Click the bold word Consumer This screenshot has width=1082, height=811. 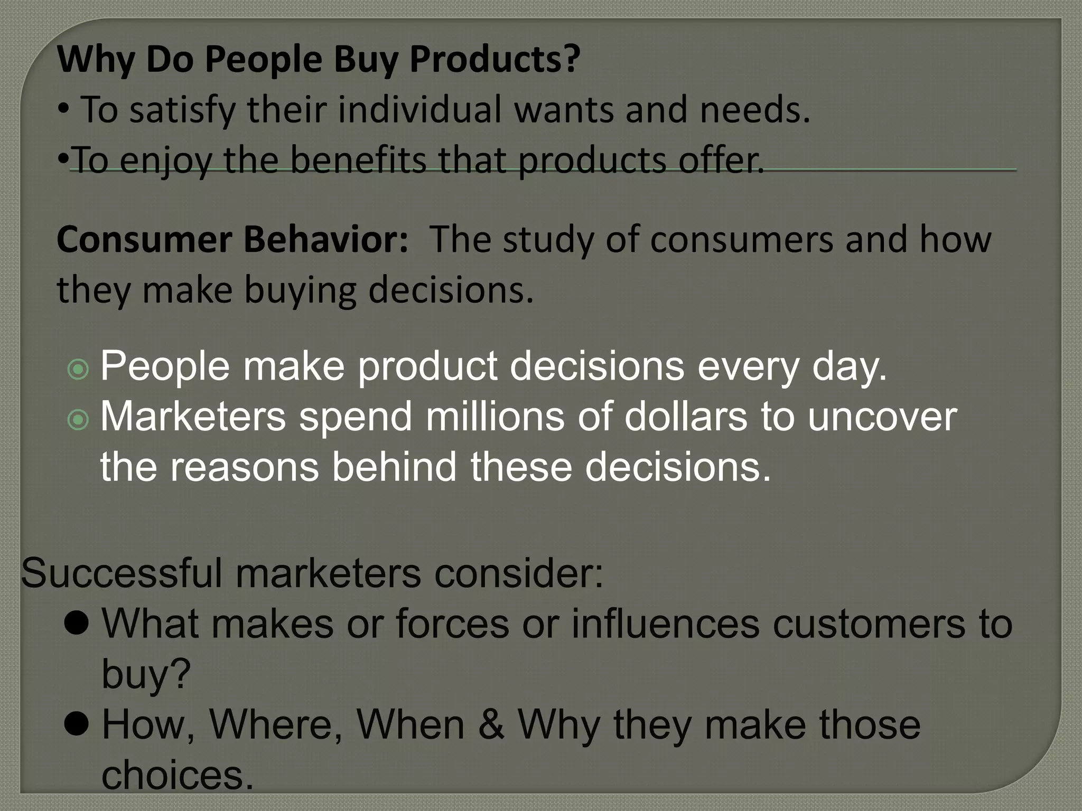pos(144,240)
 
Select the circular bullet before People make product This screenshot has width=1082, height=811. pos(79,370)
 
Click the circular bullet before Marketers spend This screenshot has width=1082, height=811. pos(79,420)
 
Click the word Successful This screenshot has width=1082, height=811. pos(122,573)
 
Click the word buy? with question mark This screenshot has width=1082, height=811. pos(146,675)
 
